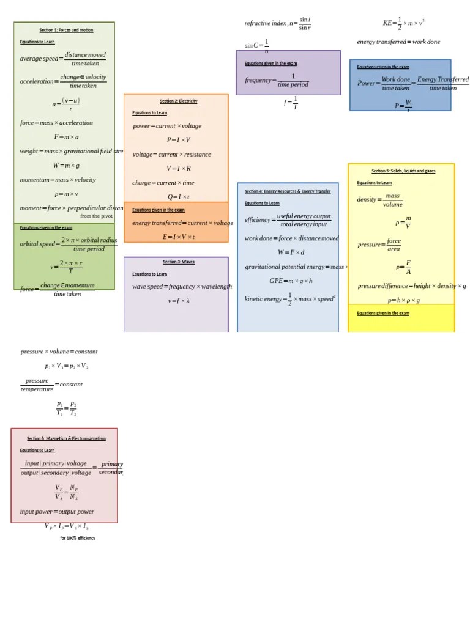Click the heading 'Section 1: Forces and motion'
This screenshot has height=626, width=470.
66,30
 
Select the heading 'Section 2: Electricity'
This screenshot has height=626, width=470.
179,101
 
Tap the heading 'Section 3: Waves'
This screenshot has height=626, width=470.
179,262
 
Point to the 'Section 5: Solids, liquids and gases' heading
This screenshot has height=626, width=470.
403,171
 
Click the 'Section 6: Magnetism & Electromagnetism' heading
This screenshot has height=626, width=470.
66,438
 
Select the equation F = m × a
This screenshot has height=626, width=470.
66,137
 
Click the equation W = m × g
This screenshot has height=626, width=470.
66,166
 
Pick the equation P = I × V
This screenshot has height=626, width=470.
179,140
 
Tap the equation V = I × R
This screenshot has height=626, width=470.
179,169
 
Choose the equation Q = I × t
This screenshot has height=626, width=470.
179,197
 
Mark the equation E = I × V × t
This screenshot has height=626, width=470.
179,237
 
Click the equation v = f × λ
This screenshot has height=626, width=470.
179,301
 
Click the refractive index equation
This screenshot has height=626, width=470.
278,24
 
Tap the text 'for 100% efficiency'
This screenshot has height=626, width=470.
78,539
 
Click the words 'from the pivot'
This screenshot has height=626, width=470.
97,216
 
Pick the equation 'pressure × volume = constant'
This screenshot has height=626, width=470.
59,352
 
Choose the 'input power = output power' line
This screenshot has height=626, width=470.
57,512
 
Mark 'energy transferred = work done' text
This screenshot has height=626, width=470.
398,42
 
